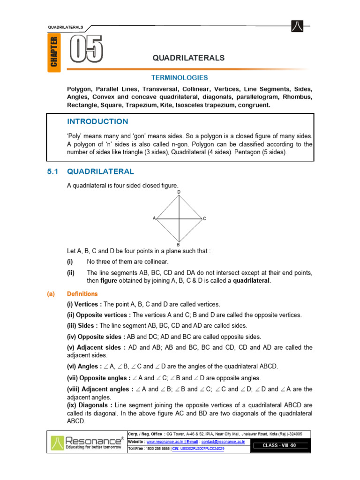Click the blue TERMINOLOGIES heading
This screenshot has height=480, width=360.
180,78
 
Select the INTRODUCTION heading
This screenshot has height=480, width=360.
97,121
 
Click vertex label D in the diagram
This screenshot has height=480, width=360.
179,192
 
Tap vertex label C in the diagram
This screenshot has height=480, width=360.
204,219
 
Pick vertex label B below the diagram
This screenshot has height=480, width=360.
179,245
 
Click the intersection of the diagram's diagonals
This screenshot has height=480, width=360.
179,218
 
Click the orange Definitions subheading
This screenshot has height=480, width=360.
82,294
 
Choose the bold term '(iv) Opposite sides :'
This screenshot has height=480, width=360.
96,337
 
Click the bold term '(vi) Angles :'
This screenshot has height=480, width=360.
84,366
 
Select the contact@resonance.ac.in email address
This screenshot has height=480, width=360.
222,442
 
